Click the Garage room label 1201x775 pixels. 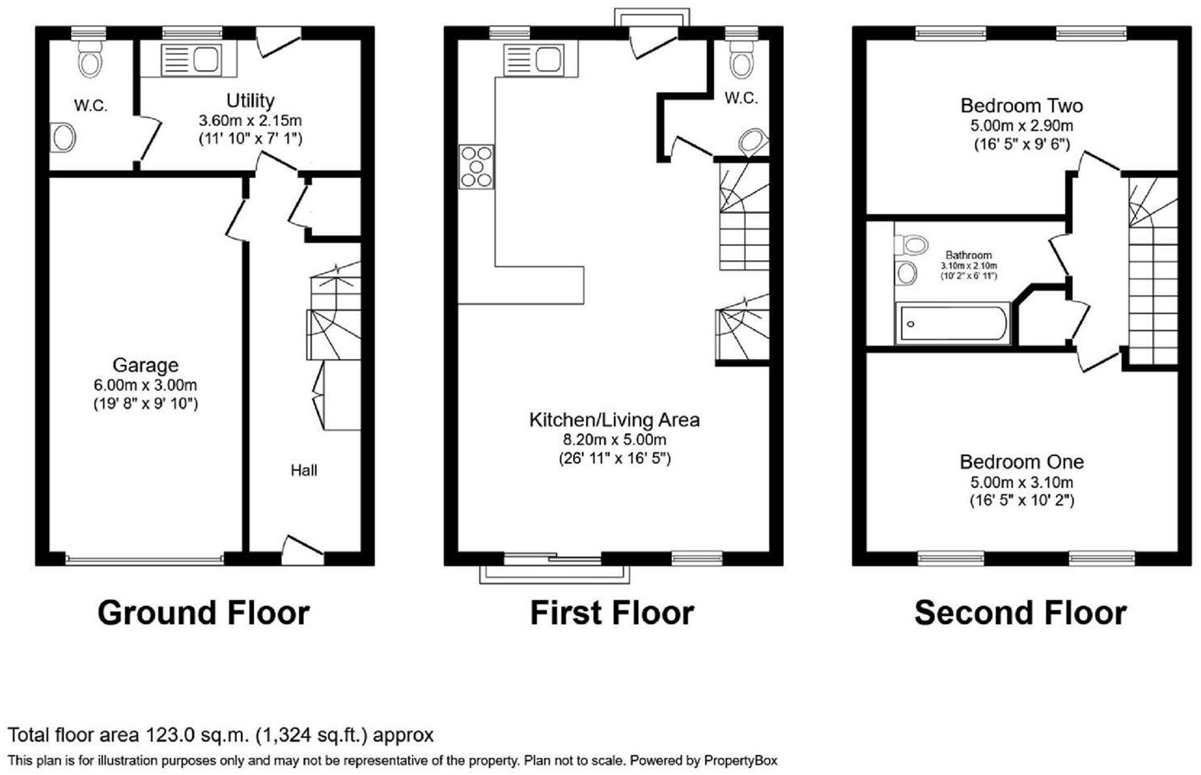coord(145,365)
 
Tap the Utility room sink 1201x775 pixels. coord(191,60)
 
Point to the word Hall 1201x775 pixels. coord(304,470)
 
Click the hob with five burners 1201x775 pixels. coord(476,167)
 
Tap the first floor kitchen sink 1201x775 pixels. coord(533,60)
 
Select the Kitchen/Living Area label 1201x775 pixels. coord(614,420)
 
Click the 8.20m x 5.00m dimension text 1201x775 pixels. coord(614,439)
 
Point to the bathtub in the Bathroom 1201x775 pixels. coord(952,324)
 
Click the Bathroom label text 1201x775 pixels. coord(968,255)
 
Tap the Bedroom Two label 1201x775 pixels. coord(1021,105)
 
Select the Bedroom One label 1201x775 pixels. coord(1021,462)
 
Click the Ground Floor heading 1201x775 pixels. coord(203,613)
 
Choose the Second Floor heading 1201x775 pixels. coord(1020,613)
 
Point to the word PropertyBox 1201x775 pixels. coord(740,761)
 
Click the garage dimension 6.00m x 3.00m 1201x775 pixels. coord(145,384)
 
